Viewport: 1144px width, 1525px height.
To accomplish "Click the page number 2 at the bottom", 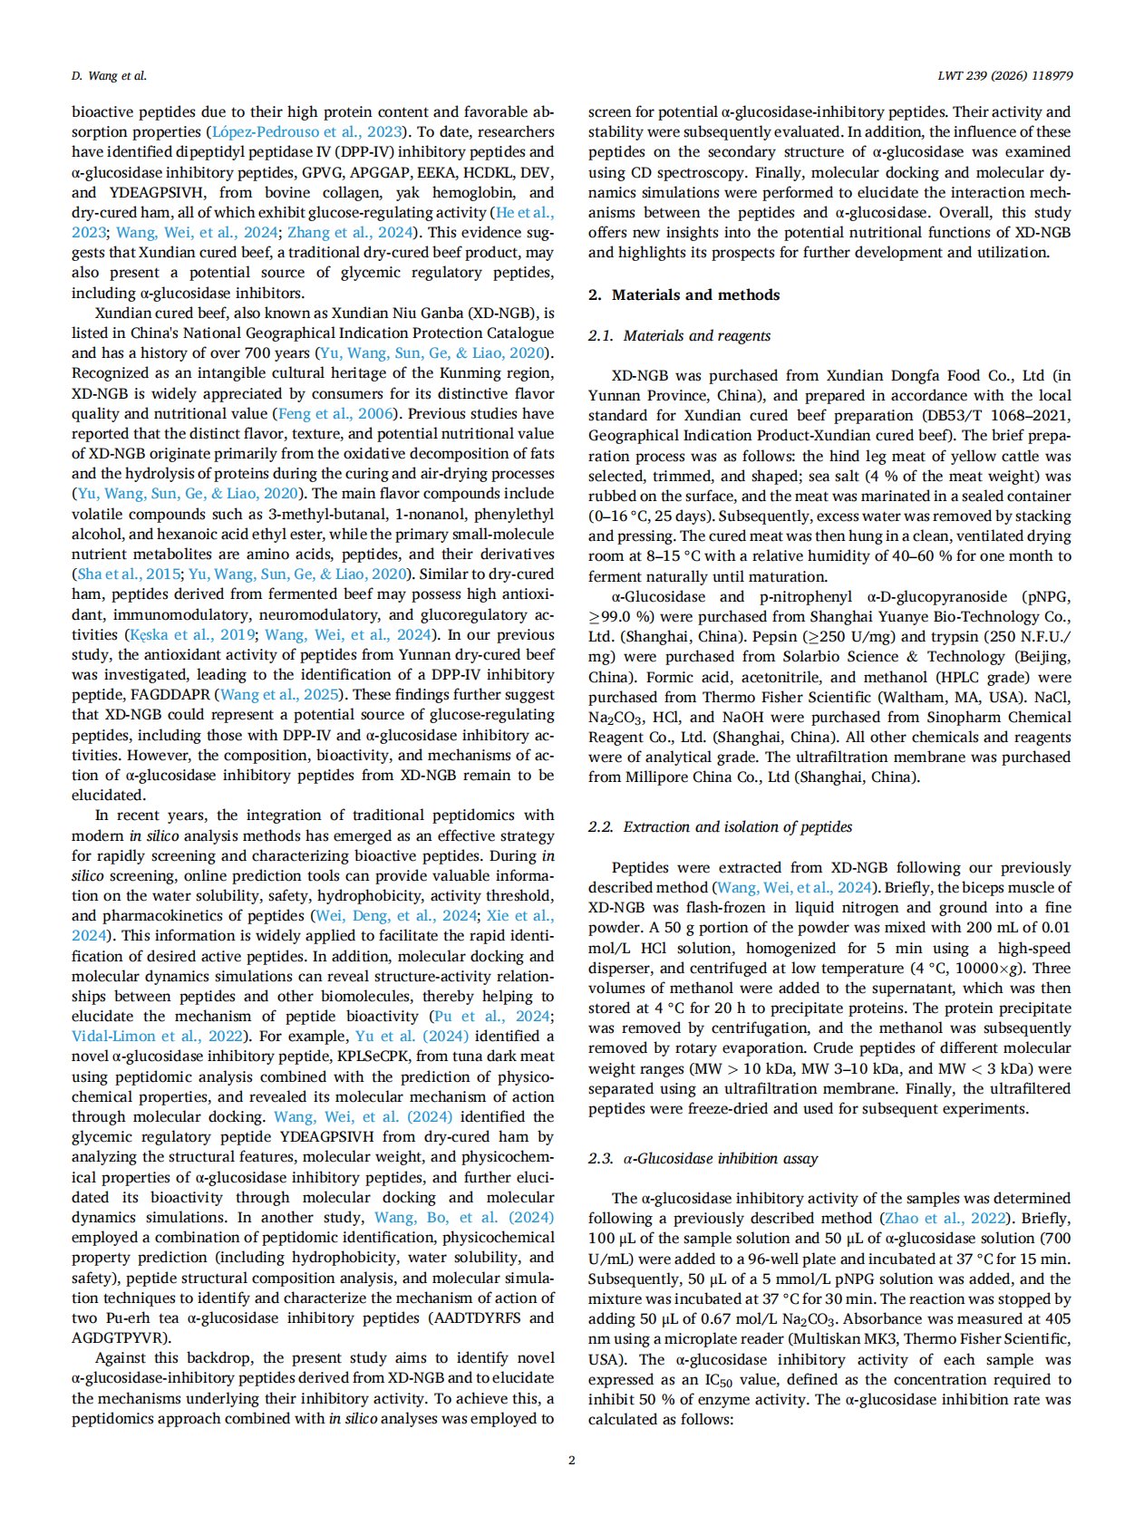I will tap(571, 1460).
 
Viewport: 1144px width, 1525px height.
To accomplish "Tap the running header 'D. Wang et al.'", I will tap(109, 76).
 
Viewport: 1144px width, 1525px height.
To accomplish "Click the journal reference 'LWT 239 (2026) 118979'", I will tap(1004, 76).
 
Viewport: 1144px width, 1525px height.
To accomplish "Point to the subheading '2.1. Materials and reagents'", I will tap(679, 335).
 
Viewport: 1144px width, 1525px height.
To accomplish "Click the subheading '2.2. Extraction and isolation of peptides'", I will tap(720, 826).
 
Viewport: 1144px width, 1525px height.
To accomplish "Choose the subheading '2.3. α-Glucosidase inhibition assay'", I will tap(703, 1158).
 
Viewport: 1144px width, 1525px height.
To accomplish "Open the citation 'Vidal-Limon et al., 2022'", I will tap(158, 1036).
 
